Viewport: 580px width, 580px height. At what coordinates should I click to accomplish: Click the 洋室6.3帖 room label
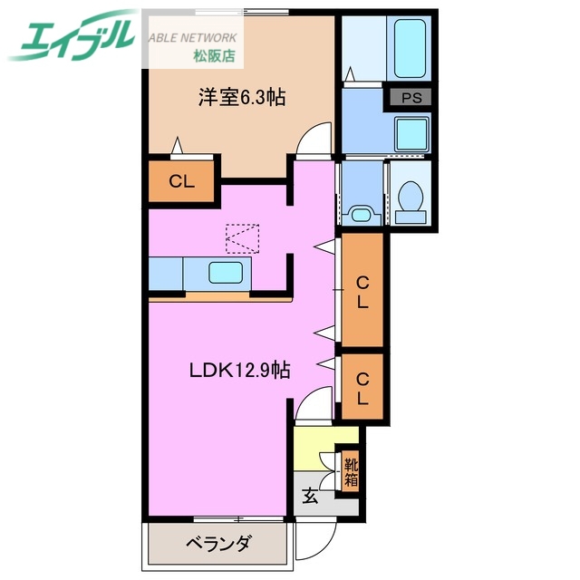pyautogui.click(x=242, y=96)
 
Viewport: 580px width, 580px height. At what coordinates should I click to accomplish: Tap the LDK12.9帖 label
pyautogui.click(x=239, y=370)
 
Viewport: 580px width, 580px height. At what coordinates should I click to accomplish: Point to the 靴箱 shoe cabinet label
pyautogui.click(x=350, y=471)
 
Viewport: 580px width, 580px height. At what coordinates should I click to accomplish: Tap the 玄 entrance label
pyautogui.click(x=310, y=496)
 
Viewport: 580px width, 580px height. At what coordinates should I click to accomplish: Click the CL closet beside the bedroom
pyautogui.click(x=182, y=181)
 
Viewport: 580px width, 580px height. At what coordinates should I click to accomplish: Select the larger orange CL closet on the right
pyautogui.click(x=362, y=292)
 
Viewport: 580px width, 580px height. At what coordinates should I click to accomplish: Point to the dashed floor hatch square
pyautogui.click(x=241, y=239)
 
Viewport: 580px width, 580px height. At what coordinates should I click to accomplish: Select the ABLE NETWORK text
pyautogui.click(x=192, y=38)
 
